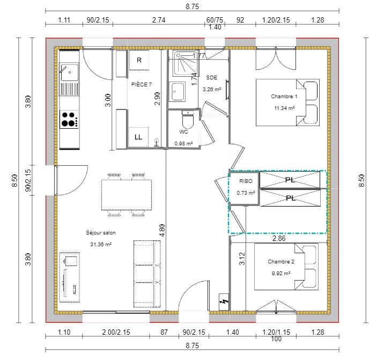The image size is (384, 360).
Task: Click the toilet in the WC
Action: [x=188, y=119]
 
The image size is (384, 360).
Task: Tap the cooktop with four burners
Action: [x=69, y=119]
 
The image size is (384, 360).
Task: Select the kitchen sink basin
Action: [x=69, y=72]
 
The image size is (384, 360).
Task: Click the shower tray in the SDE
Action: [x=186, y=64]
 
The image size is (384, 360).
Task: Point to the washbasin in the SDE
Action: [x=177, y=91]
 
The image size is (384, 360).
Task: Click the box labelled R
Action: [x=139, y=60]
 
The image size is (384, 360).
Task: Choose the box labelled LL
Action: [x=138, y=137]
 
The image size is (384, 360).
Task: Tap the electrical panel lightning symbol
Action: [x=224, y=302]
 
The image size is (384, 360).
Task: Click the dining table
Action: [x=127, y=195]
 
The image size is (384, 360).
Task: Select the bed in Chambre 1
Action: [x=288, y=102]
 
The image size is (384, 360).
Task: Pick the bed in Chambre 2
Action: [x=286, y=267]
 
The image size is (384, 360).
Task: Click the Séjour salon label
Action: [x=101, y=232]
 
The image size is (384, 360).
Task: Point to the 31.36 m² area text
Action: [x=101, y=244]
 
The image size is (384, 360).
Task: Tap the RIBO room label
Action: [x=246, y=181]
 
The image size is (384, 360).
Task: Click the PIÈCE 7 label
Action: [x=141, y=85]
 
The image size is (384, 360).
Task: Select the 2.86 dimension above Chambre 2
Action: [x=279, y=238]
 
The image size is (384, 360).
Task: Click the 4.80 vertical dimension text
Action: [x=162, y=230]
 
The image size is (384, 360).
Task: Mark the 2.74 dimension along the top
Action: [x=159, y=20]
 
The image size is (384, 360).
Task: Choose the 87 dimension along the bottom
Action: [x=164, y=332]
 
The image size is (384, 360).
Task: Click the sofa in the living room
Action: [x=147, y=274]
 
